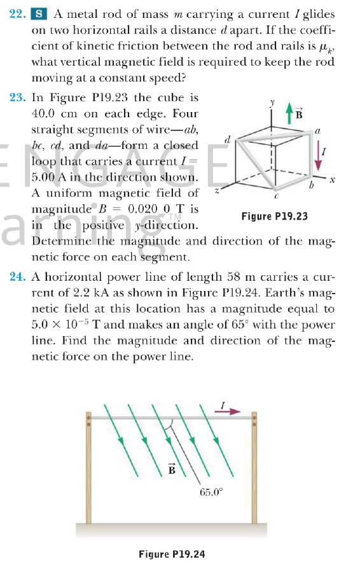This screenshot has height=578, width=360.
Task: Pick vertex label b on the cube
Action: point(311,187)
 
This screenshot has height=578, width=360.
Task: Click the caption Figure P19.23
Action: point(275,216)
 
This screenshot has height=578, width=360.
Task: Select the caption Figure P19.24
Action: point(172,554)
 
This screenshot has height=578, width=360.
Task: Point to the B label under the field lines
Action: point(172,470)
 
